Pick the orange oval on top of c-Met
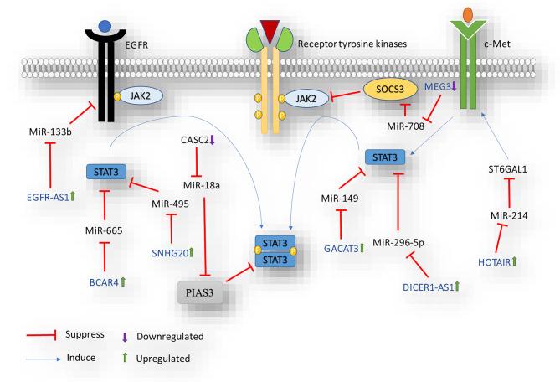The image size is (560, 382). [x=466, y=14]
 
